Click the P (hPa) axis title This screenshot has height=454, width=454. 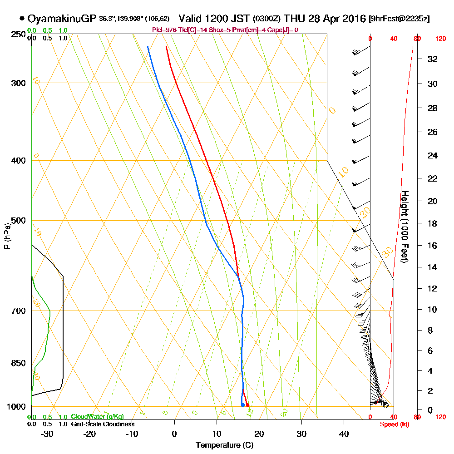pos(7,236)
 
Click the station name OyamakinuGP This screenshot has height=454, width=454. pos(62,19)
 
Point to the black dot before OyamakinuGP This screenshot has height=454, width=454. pos(22,19)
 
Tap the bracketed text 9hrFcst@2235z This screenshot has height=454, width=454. pos(400,19)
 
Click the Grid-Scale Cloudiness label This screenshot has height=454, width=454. pos(103,424)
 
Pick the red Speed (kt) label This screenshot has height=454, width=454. pos(394,424)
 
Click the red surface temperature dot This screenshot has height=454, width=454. pos(247,405)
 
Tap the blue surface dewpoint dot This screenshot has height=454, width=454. pos(243,405)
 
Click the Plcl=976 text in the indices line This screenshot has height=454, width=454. pos(164,30)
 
